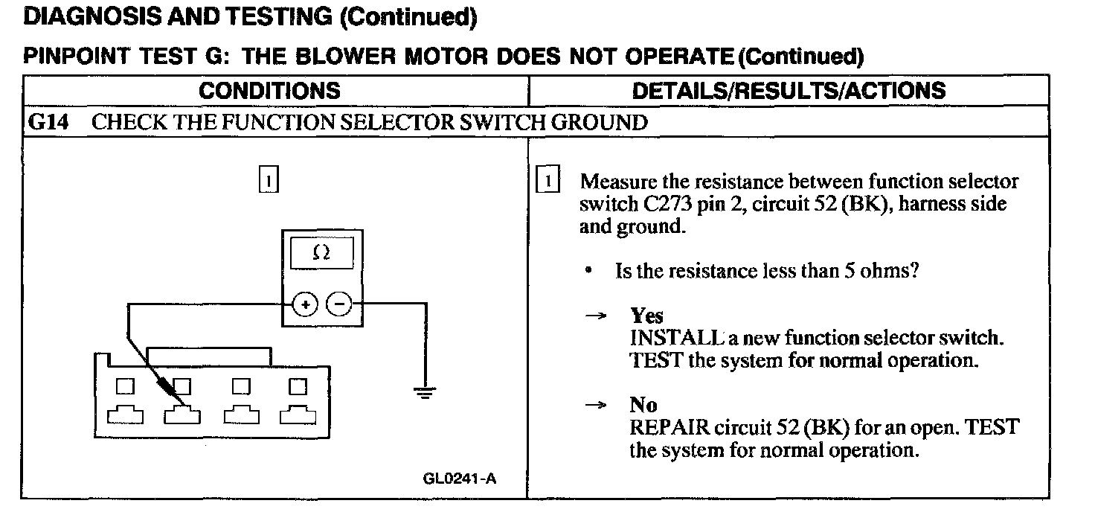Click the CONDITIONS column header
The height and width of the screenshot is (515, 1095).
point(270,91)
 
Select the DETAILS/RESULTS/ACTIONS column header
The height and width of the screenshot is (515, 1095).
point(789,91)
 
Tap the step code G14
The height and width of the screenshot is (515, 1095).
point(47,122)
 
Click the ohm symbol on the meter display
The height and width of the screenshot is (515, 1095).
point(321,254)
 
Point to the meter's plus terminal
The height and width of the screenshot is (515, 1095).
point(306,304)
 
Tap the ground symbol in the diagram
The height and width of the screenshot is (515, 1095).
point(425,392)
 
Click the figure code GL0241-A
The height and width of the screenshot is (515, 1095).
point(459,478)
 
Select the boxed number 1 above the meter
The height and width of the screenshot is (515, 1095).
point(269,180)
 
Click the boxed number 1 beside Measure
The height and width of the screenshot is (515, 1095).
point(547,182)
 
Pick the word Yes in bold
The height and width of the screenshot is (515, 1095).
point(646,316)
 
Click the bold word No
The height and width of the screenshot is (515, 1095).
point(643,405)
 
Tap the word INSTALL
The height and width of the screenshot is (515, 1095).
point(667,338)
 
